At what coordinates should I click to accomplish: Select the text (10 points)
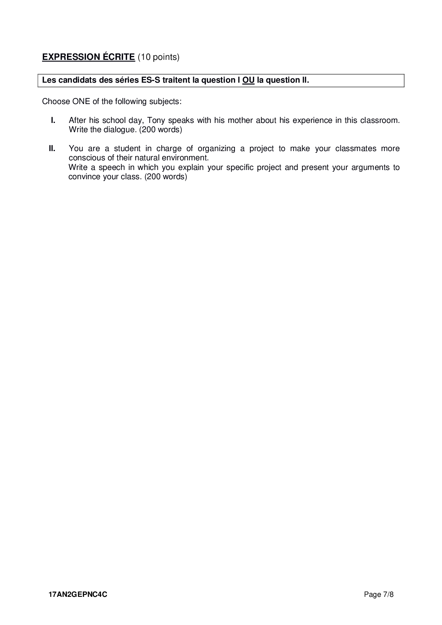pos(158,57)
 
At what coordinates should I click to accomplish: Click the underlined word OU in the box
pos(248,80)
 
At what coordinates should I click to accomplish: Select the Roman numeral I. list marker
pos(53,120)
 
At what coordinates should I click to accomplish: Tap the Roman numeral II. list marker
pos(52,149)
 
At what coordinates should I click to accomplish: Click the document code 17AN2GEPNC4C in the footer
pos(78,595)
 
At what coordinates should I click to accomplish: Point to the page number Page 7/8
pos(379,595)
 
